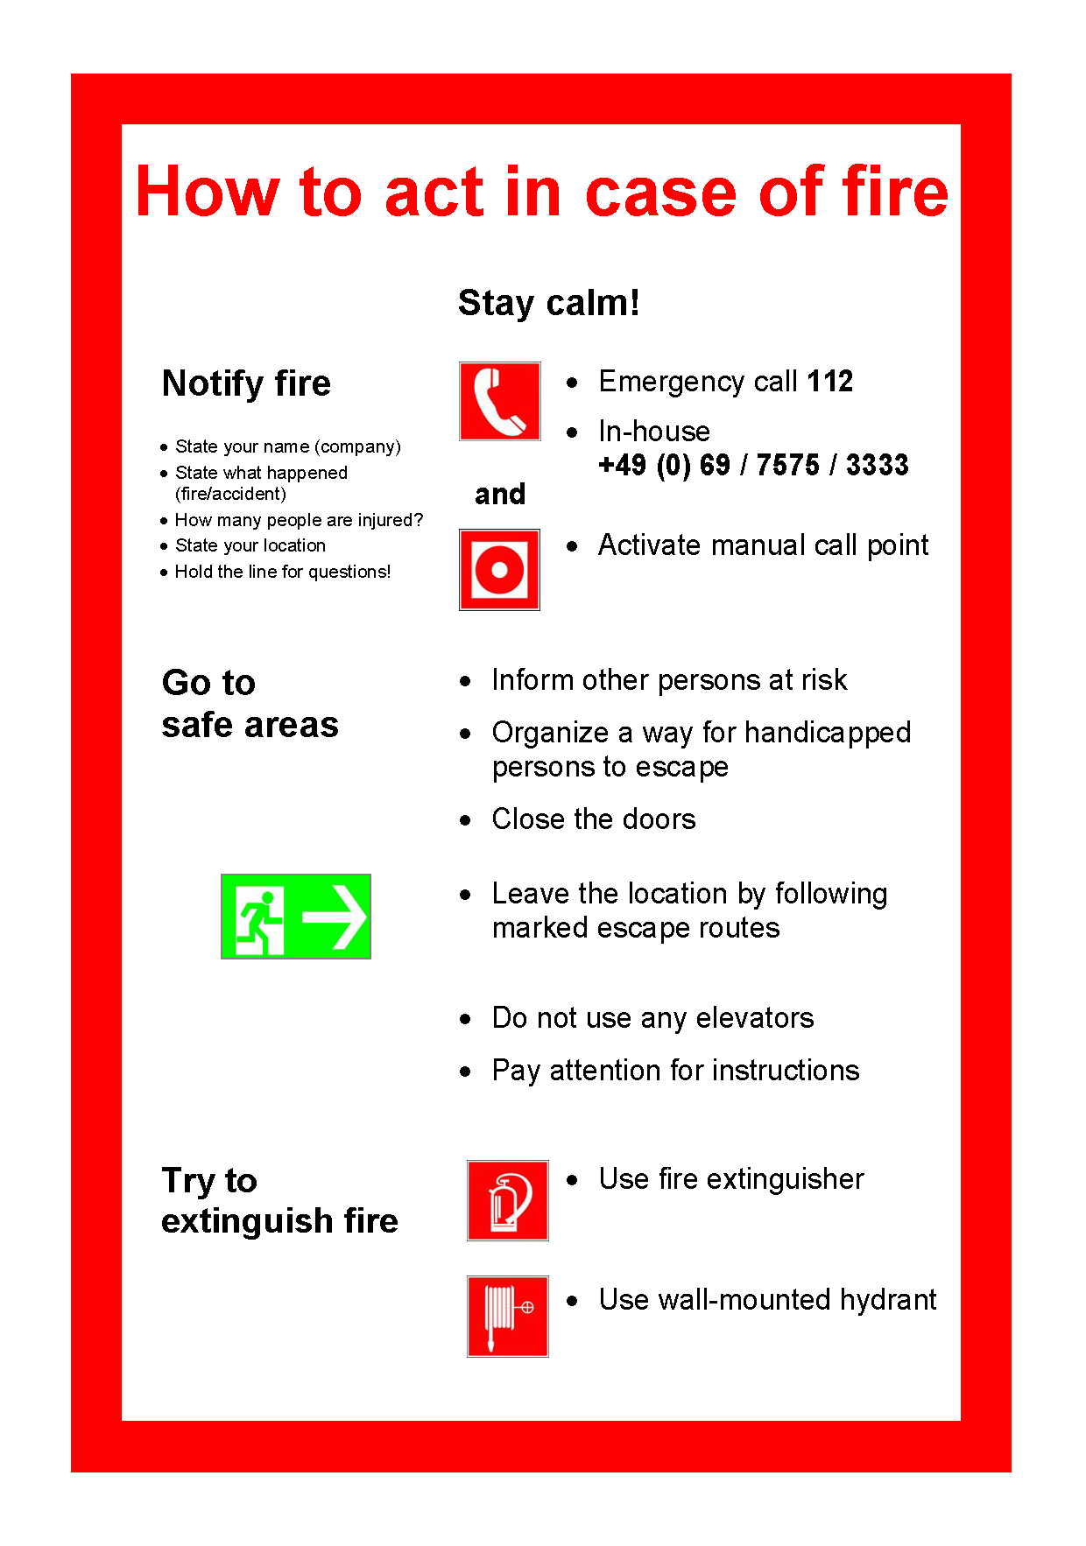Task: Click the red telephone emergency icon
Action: (x=499, y=401)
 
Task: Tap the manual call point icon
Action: (x=499, y=569)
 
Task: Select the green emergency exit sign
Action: (x=295, y=916)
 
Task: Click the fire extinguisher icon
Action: (x=507, y=1200)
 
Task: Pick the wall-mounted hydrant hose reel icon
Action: (x=507, y=1316)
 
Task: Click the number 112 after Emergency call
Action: (x=829, y=382)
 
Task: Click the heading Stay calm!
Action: (x=548, y=303)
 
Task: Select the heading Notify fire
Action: (x=246, y=383)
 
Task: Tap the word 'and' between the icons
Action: (x=499, y=495)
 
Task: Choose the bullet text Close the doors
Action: (x=593, y=819)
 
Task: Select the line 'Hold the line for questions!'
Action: (x=282, y=572)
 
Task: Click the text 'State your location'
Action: (x=250, y=545)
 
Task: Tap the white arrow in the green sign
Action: (x=335, y=917)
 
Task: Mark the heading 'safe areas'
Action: (x=250, y=725)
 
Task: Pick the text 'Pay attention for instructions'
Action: (x=675, y=1071)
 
